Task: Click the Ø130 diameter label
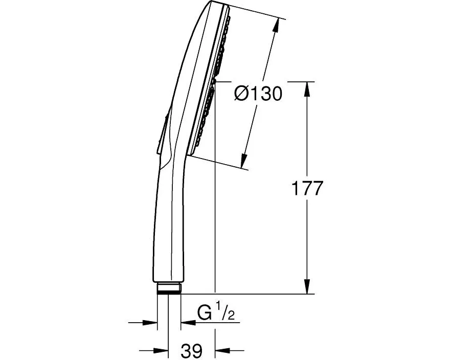(258, 94)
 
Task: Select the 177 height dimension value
(307, 189)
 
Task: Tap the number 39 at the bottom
(192, 351)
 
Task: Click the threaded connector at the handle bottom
(169, 289)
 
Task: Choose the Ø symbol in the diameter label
(240, 94)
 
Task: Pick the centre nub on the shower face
(215, 81)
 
